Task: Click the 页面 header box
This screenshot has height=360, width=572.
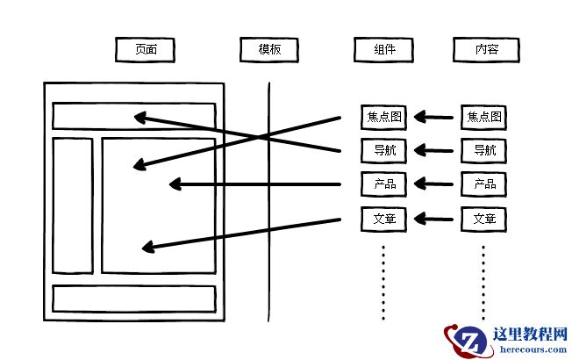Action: tap(145, 50)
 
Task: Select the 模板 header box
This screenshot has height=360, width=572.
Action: tap(269, 50)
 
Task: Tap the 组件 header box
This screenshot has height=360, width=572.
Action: tap(383, 50)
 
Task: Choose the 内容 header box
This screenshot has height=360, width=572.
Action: tap(483, 50)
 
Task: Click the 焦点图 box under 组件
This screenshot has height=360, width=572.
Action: tap(383, 117)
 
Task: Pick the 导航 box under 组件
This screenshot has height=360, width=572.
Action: tap(383, 150)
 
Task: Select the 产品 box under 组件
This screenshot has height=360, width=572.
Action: tap(383, 184)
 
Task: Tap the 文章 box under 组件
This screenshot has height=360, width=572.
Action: tap(383, 218)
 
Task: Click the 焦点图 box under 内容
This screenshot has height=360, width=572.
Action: tap(483, 117)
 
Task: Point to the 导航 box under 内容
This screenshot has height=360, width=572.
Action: tap(483, 150)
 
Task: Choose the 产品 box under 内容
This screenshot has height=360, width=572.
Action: tap(483, 184)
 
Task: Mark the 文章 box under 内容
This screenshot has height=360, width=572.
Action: tap(483, 218)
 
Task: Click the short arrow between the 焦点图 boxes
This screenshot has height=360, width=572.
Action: tap(434, 117)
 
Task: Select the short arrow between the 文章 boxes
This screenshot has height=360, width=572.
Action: tap(434, 218)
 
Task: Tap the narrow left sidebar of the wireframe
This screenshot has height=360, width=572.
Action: tap(72, 205)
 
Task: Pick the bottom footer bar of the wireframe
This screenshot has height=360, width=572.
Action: tap(133, 299)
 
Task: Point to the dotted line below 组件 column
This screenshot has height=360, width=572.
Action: tap(383, 281)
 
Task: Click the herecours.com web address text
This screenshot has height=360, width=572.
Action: tap(523, 349)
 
